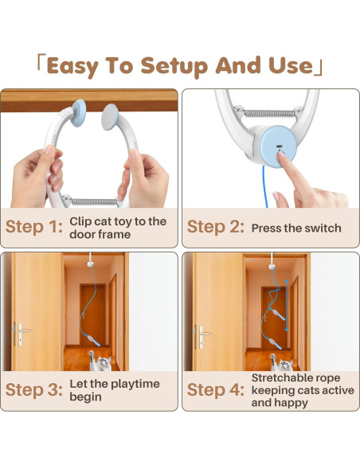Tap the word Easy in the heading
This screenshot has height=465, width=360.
tap(75, 65)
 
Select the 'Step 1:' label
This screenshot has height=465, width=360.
tap(33, 227)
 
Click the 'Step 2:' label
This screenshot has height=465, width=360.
tap(215, 227)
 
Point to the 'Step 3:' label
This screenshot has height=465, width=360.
tap(33, 389)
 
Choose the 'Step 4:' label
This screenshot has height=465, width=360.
tap(215, 389)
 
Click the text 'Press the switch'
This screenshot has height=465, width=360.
tap(296, 228)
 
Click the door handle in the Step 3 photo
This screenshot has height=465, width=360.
tap(21, 328)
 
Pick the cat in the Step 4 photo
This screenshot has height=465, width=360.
tap(284, 365)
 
